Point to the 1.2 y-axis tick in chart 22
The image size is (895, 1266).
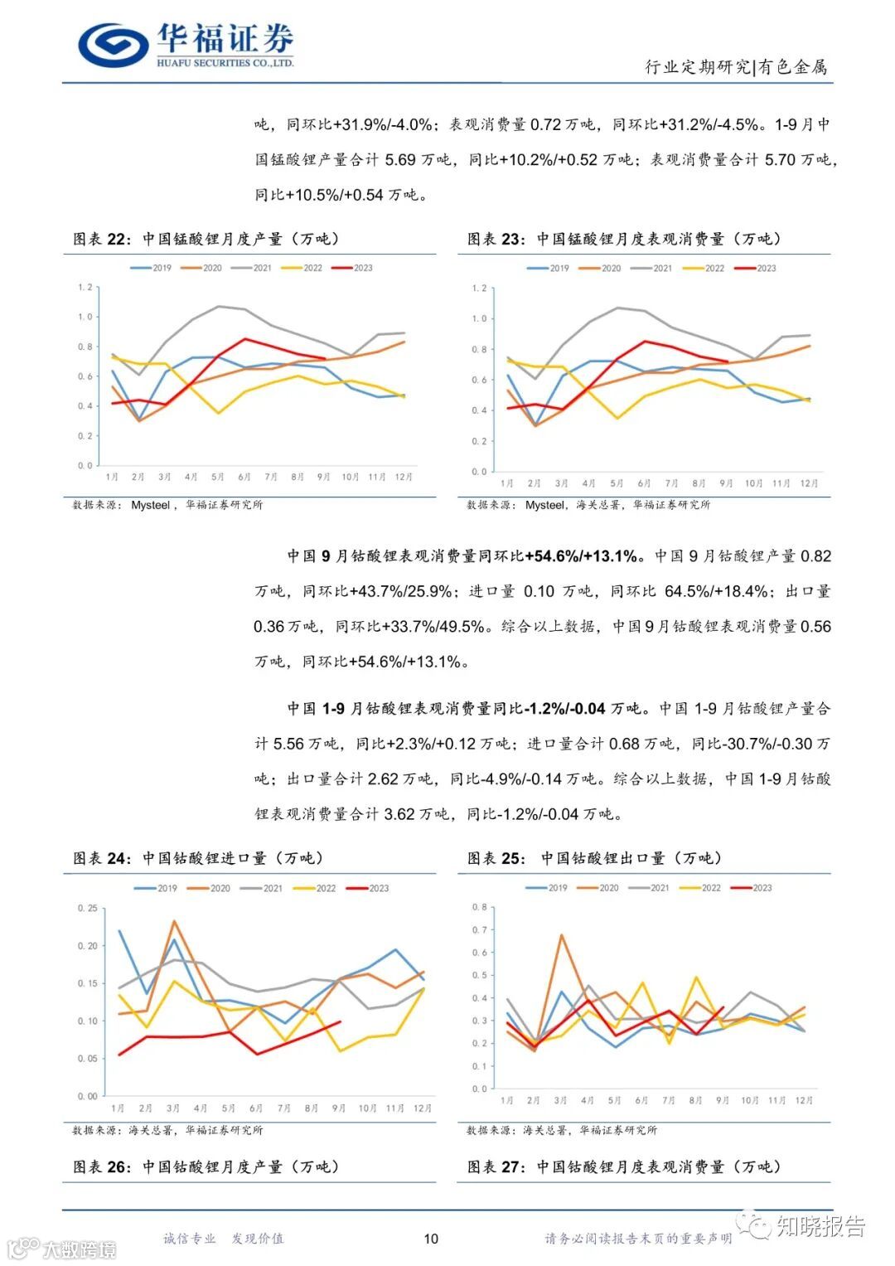[85, 287]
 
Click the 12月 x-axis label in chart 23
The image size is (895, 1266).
[809, 483]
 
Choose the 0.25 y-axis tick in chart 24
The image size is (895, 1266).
[87, 908]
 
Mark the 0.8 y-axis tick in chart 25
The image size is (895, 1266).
[479, 907]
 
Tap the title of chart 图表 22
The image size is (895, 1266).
[206, 239]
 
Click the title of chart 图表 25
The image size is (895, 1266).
[594, 858]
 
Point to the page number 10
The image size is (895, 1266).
[431, 1239]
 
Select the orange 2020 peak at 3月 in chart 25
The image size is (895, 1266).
[561, 935]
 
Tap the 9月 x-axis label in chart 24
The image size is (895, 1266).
[339, 1108]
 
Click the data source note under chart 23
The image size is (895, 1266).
[588, 504]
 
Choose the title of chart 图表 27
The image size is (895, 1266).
[624, 1167]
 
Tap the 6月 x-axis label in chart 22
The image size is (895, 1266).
[244, 477]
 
